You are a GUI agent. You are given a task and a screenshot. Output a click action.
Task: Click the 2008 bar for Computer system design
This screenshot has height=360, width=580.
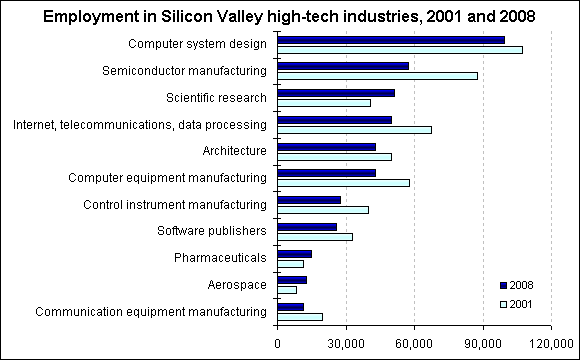(391, 40)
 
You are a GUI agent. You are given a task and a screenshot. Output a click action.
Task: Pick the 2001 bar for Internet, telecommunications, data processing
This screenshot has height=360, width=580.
(354, 129)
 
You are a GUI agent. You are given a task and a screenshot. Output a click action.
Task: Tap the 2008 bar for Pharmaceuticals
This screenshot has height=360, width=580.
(294, 254)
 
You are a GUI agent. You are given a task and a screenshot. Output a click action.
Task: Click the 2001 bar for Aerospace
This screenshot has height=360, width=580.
(287, 290)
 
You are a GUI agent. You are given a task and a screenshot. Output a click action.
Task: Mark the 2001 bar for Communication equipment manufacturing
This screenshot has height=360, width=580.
(300, 317)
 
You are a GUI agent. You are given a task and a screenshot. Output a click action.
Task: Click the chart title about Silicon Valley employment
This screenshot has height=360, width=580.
(289, 17)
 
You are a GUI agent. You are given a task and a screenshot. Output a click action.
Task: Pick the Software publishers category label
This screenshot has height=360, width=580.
(212, 231)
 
